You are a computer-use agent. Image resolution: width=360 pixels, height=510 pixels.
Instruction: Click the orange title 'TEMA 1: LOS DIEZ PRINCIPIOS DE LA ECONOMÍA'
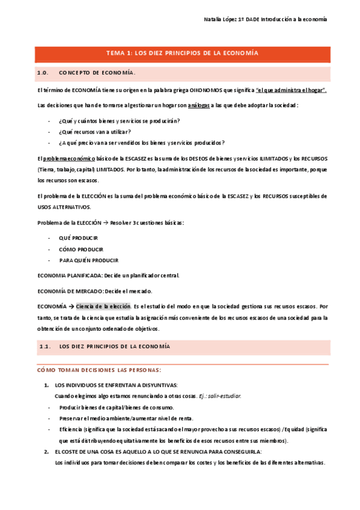pyautogui.click(x=182, y=54)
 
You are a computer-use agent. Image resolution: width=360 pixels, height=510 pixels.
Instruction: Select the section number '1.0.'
pyautogui.click(x=43, y=73)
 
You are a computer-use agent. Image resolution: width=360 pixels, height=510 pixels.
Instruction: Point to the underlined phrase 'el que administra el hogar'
pyautogui.click(x=291, y=90)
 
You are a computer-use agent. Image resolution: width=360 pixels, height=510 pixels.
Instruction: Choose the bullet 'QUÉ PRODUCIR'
pyautogui.click(x=79, y=238)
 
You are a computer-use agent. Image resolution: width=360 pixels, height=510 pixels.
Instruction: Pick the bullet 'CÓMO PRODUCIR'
pyautogui.click(x=81, y=249)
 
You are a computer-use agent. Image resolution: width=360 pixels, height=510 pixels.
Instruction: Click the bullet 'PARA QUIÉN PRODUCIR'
pyautogui.click(x=88, y=260)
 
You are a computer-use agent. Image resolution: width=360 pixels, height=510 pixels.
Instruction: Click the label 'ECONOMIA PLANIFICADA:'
pyautogui.click(x=69, y=275)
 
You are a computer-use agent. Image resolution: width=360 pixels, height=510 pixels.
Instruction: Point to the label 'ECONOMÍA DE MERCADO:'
pyautogui.click(x=69, y=291)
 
